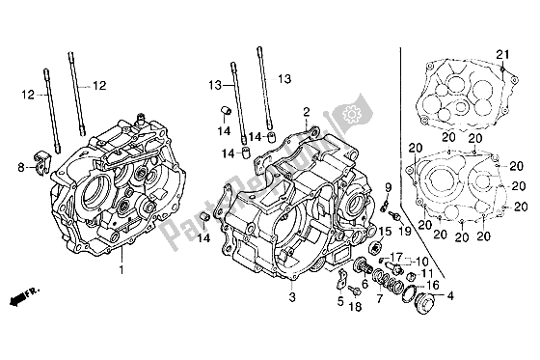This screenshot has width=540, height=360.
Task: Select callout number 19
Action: [406, 232]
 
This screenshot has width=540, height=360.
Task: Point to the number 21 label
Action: [500, 52]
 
